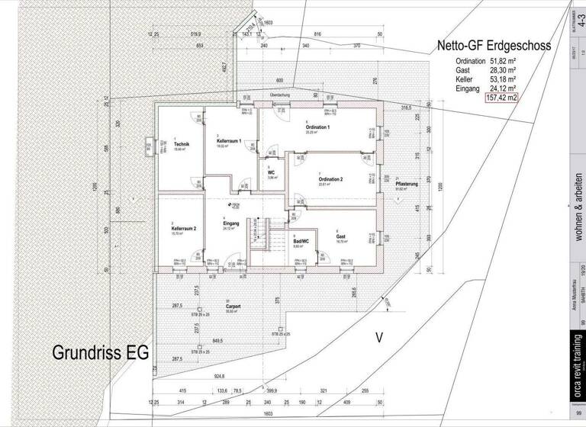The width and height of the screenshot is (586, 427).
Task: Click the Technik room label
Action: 181,145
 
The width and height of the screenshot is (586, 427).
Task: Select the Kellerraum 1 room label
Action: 229,142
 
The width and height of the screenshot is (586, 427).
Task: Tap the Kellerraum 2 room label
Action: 184,229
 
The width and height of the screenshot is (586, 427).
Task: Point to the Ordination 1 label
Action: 317,127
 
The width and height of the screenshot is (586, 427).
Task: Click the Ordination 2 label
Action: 330,179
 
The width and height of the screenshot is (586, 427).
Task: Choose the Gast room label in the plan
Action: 341,236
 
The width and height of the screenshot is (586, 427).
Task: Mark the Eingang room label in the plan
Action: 231,223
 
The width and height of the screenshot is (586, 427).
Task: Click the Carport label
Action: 233,306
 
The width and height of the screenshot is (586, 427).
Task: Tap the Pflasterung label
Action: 406,184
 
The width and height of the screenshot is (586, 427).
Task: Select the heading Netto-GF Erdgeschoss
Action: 494,46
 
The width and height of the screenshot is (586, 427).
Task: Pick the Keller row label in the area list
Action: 465,79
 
